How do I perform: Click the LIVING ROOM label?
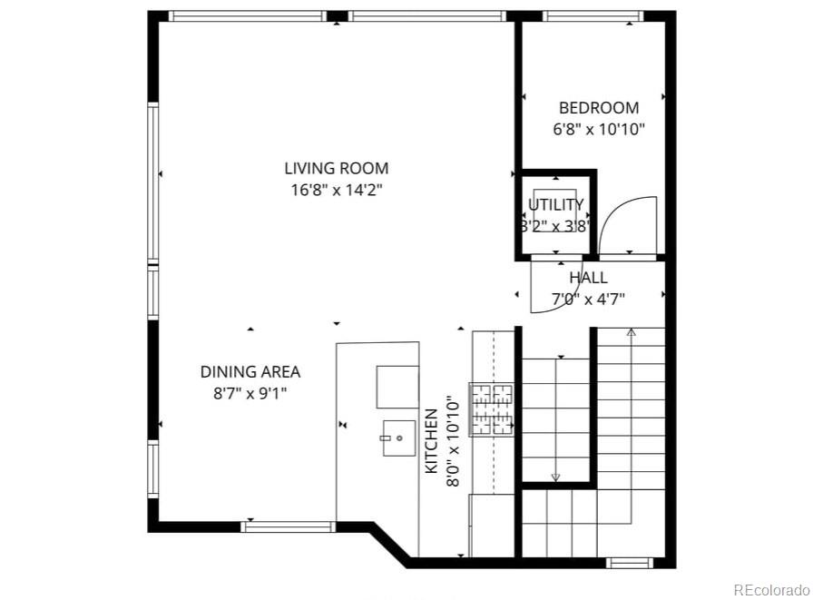336,168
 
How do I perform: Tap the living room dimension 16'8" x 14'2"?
336,191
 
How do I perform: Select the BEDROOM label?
598,107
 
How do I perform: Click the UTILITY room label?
556,205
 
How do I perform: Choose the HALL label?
588,278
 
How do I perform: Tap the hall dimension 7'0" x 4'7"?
588,298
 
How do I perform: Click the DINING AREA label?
250,371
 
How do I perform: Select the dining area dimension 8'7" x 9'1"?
250,393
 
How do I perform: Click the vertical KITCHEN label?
432,440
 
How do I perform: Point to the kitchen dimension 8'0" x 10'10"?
451,441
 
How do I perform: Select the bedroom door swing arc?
626,227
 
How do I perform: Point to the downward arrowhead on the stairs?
555,477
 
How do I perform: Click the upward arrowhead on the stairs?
631,333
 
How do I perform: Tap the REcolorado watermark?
770,589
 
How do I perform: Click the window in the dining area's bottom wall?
289,526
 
